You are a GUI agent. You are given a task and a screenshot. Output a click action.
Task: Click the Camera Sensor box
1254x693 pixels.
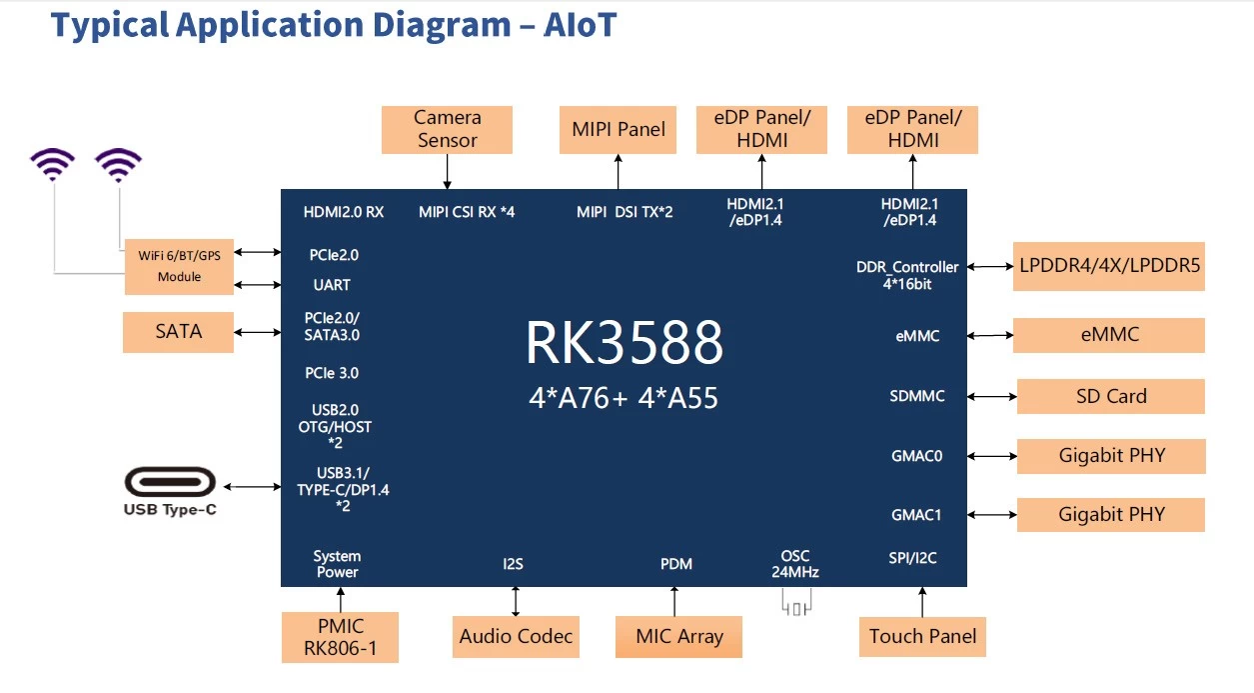coord(447,130)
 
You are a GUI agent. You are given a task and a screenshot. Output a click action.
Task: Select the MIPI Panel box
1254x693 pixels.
coord(619,129)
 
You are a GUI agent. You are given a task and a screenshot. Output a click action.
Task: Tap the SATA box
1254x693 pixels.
coord(178,332)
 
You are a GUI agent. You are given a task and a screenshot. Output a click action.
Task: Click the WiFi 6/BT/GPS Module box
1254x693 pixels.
coord(179,266)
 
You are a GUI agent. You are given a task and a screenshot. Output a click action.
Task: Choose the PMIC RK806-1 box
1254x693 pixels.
coord(341,638)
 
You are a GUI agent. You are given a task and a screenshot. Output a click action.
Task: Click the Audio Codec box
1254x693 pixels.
coord(516,636)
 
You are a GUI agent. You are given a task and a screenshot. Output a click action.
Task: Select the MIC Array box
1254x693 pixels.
coord(678,637)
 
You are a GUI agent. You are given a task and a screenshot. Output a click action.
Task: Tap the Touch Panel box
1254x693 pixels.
coord(922,636)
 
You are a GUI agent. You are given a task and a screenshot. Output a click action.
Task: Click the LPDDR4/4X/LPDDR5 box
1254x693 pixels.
coord(1108,267)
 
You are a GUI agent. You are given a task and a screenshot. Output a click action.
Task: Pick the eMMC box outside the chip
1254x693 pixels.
coord(1109,335)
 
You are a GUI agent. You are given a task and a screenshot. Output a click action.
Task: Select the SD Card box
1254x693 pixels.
coord(1110,396)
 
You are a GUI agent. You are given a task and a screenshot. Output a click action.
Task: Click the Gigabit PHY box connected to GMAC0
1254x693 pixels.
coord(1111,456)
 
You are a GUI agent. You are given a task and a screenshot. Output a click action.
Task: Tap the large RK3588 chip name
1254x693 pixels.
coord(624,344)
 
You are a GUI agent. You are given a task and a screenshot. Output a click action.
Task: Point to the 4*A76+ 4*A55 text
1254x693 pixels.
coord(624,398)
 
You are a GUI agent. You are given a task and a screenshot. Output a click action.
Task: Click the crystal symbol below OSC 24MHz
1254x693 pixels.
coord(796,605)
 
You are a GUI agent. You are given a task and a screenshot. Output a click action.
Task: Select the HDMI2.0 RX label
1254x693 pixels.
coord(344,212)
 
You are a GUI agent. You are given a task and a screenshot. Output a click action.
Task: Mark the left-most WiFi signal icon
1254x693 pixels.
coord(52,164)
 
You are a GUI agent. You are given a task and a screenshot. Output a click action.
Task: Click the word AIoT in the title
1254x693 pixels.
coord(580,25)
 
